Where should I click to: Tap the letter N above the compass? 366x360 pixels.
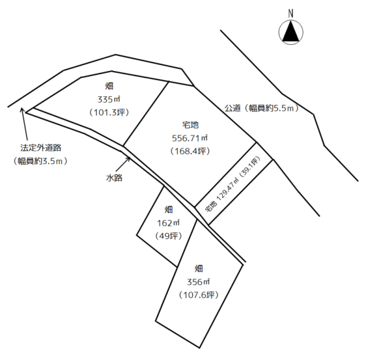(290, 14)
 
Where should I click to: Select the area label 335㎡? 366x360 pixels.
(109, 100)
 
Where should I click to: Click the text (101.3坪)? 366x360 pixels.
(109, 113)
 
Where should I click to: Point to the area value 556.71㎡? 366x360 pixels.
(190, 138)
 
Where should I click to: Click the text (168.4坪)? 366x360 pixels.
(190, 151)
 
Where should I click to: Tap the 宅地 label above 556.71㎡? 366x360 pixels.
(190, 125)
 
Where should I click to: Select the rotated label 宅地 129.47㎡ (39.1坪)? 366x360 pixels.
(232, 185)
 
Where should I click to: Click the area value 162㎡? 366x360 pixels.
(168, 223)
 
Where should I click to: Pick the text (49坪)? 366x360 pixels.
(168, 236)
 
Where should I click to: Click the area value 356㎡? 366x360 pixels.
(199, 282)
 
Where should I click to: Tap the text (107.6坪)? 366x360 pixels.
(199, 295)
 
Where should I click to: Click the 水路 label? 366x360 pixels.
(114, 178)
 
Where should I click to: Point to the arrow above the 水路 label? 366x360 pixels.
(123, 164)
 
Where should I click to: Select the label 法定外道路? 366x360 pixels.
(41, 148)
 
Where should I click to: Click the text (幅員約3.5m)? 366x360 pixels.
(40, 161)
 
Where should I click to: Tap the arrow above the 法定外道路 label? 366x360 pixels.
(25, 124)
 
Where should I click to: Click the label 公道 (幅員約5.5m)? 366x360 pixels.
(261, 108)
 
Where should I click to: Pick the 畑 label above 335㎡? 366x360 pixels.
(109, 87)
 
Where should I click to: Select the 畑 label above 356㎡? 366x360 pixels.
(199, 269)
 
